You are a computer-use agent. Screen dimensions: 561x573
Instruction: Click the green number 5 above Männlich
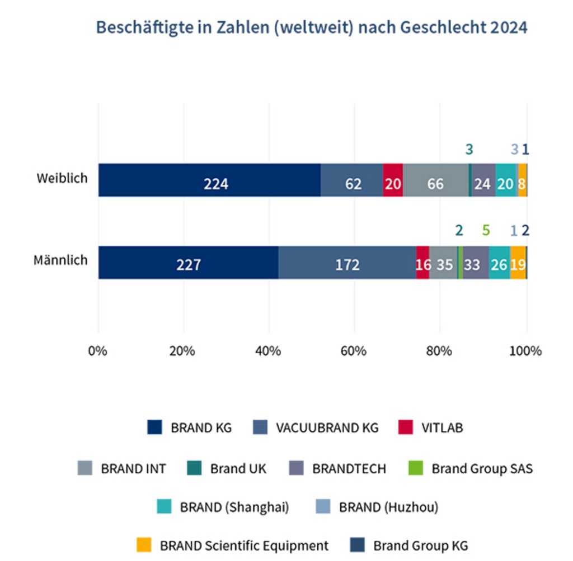click(486, 230)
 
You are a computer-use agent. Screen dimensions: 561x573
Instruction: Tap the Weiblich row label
click(62, 179)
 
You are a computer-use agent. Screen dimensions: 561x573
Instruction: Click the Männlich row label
click(60, 261)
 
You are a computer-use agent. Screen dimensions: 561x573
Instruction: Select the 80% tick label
click(439, 351)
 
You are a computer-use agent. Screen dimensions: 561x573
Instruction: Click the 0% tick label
click(98, 351)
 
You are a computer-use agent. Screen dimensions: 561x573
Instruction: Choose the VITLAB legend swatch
click(406, 428)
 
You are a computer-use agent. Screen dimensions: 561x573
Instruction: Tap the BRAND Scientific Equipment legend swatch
click(144, 545)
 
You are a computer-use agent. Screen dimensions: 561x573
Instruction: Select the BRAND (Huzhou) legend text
click(388, 507)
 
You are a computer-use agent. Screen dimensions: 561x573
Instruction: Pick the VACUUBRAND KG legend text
click(327, 428)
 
